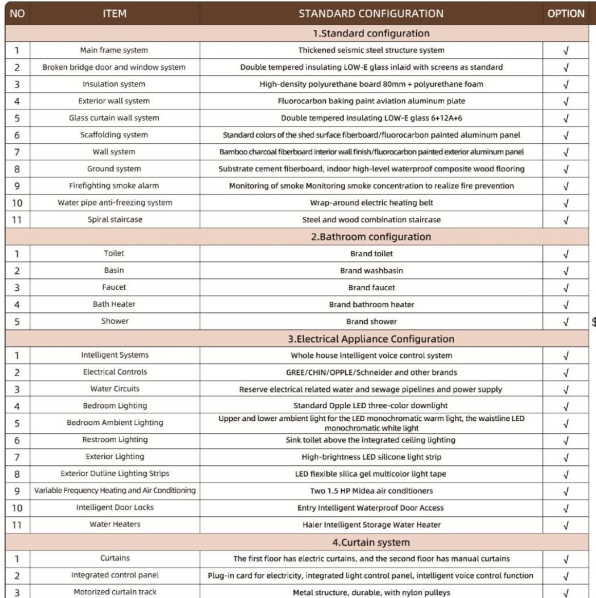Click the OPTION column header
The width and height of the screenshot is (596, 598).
point(566,14)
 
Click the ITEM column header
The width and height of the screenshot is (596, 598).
point(114,14)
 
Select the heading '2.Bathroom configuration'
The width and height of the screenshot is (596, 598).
point(371,237)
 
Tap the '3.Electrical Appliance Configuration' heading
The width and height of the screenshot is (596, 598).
point(371,339)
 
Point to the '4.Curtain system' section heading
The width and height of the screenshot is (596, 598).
point(371,543)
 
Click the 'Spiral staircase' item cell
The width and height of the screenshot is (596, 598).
point(115,219)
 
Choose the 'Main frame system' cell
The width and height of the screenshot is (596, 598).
point(114,50)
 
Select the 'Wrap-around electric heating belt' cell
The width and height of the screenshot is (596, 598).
point(371,203)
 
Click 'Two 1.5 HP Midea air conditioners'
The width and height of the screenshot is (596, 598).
point(371,491)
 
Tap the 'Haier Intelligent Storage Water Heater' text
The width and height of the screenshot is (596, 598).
point(371,525)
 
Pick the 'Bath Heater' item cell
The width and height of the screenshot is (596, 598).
point(114,304)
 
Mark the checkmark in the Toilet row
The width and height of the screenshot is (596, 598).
point(566,254)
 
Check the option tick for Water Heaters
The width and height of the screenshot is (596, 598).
point(566,526)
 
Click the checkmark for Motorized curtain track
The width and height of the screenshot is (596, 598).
point(566,593)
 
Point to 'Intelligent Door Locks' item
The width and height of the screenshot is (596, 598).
point(115,508)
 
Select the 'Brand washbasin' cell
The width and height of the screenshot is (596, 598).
point(371,271)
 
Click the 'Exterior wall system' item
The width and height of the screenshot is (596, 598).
point(114,101)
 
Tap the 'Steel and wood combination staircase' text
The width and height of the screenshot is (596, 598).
point(371,220)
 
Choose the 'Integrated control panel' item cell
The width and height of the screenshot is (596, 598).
point(115,575)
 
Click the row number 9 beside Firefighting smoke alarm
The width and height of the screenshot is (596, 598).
point(17,186)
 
